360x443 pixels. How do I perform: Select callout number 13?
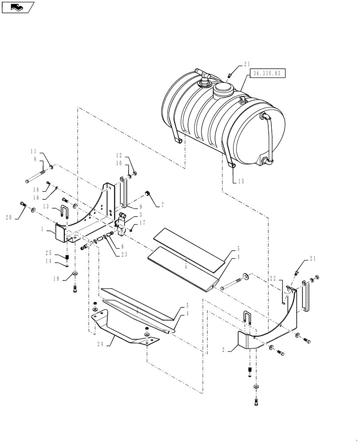[x=47, y=206]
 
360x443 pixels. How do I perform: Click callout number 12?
[x=119, y=155]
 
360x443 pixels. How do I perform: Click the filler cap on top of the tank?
[x=223, y=92]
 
